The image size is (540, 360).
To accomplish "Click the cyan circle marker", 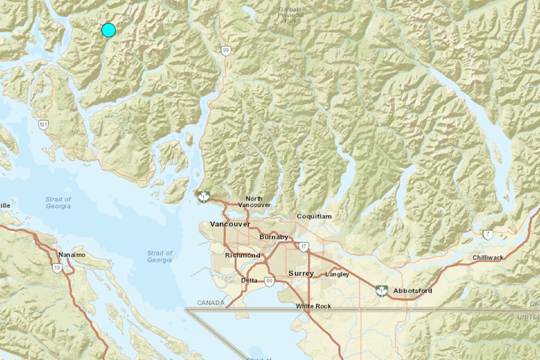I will tap(109, 30).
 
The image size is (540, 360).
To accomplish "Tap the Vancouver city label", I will tap(229, 224).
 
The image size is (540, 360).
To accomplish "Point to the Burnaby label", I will tap(273, 237).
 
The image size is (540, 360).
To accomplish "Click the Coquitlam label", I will tap(314, 216).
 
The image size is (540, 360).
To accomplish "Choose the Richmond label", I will tap(242, 255).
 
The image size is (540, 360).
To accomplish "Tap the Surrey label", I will tap(300, 273).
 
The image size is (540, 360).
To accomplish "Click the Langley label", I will tap(337, 274).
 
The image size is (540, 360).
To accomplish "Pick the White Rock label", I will tap(314, 306).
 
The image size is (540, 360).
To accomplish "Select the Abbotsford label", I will tap(413, 291).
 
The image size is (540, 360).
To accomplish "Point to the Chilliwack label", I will tap(488, 258).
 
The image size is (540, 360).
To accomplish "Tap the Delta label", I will tap(249, 280).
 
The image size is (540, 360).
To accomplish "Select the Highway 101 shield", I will tap(43, 124).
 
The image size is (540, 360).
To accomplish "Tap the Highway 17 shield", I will tap(304, 246).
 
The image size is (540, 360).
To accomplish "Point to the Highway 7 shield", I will tap(488, 234).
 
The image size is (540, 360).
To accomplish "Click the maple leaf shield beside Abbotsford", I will tap(382, 290).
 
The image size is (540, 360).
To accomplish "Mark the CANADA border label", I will tap(211, 303).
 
